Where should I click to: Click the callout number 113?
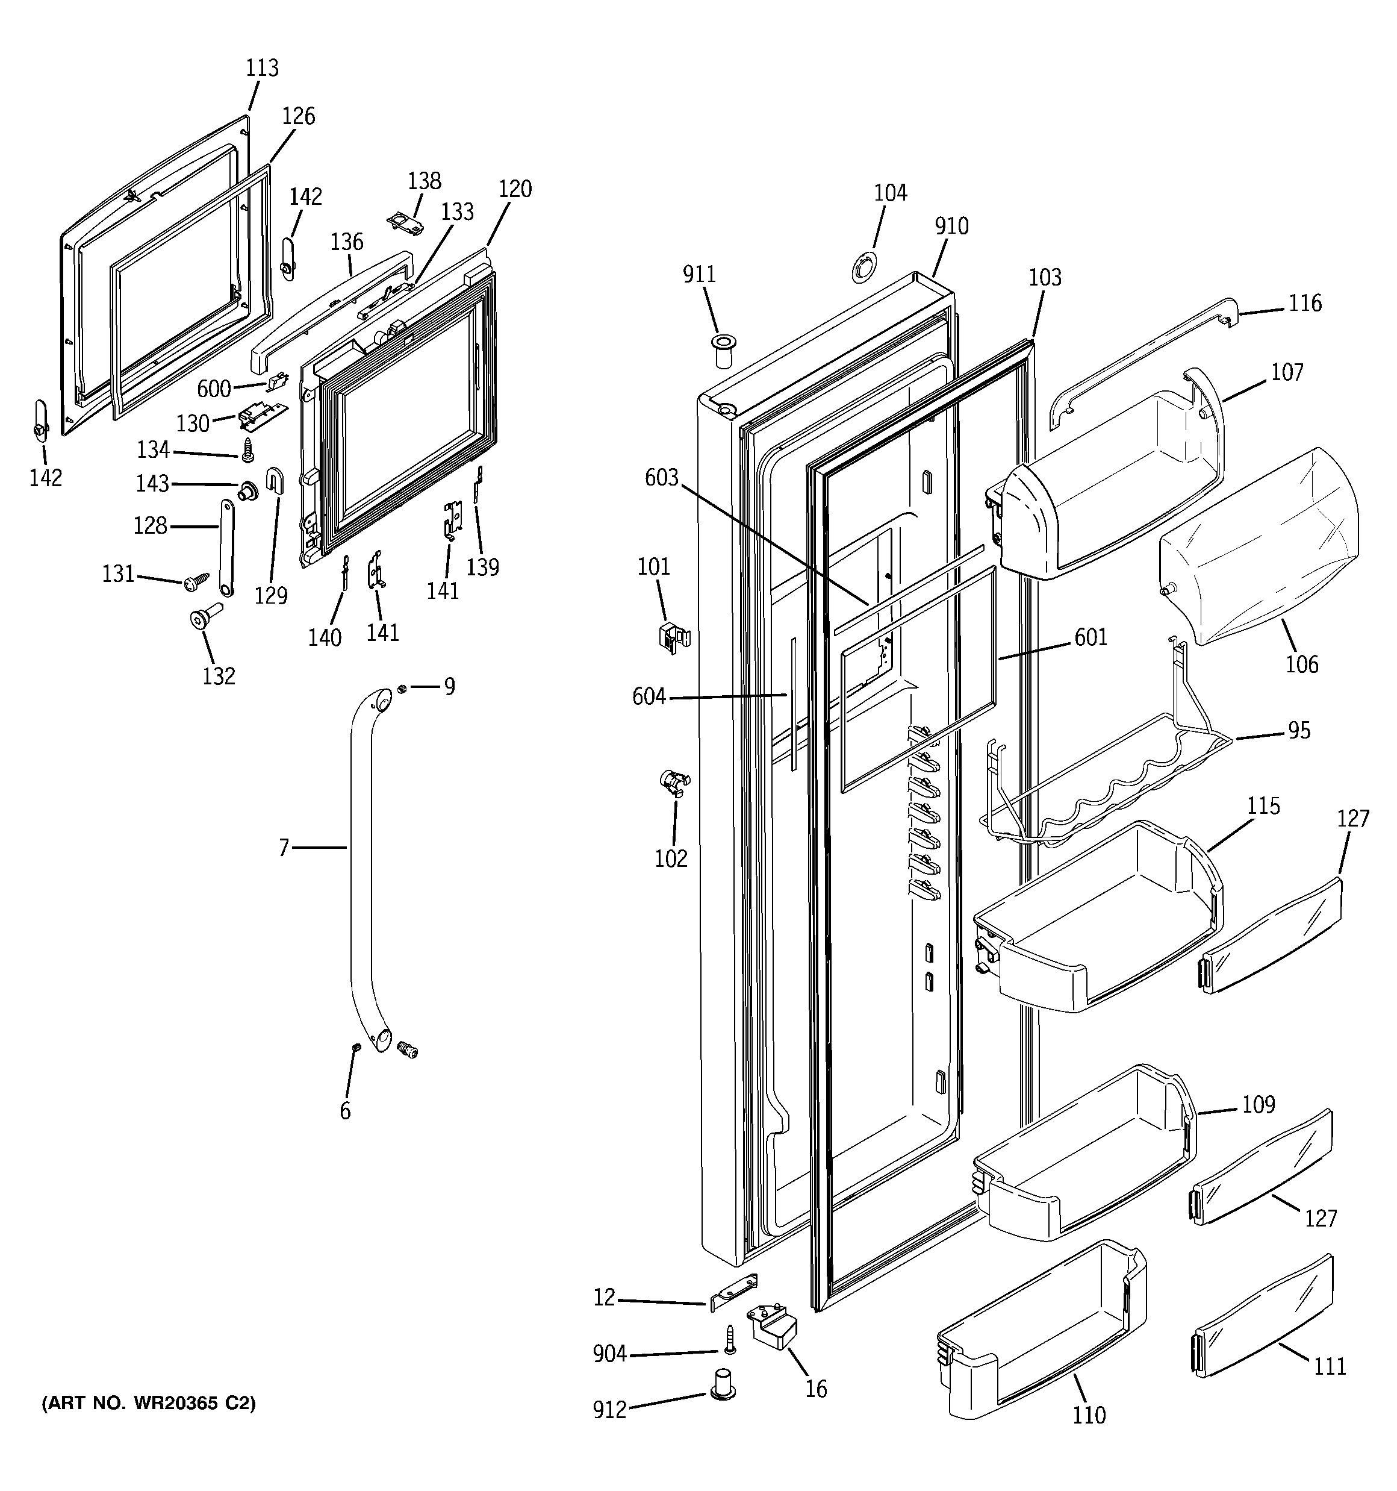(262, 68)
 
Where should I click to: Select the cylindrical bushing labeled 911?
(723, 352)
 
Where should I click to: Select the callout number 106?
(1301, 664)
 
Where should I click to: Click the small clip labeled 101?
(673, 637)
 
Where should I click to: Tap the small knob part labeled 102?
(673, 783)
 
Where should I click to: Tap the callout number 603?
(661, 478)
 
